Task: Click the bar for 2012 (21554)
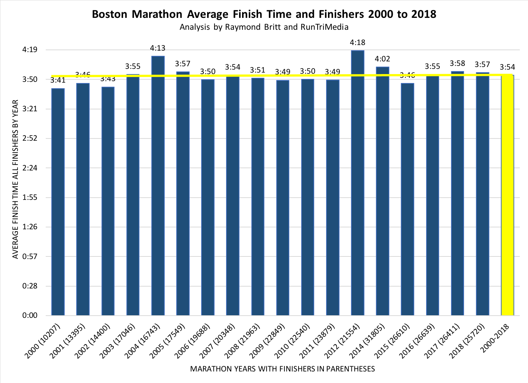point(358,182)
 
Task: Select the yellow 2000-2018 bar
point(508,195)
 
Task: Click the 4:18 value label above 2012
point(358,42)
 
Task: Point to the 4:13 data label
point(158,48)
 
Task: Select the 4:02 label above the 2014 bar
point(382,59)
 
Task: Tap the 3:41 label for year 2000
point(58,80)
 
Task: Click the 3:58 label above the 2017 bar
point(457,63)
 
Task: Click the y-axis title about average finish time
point(15,179)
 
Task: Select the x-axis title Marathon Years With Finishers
point(282,369)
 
